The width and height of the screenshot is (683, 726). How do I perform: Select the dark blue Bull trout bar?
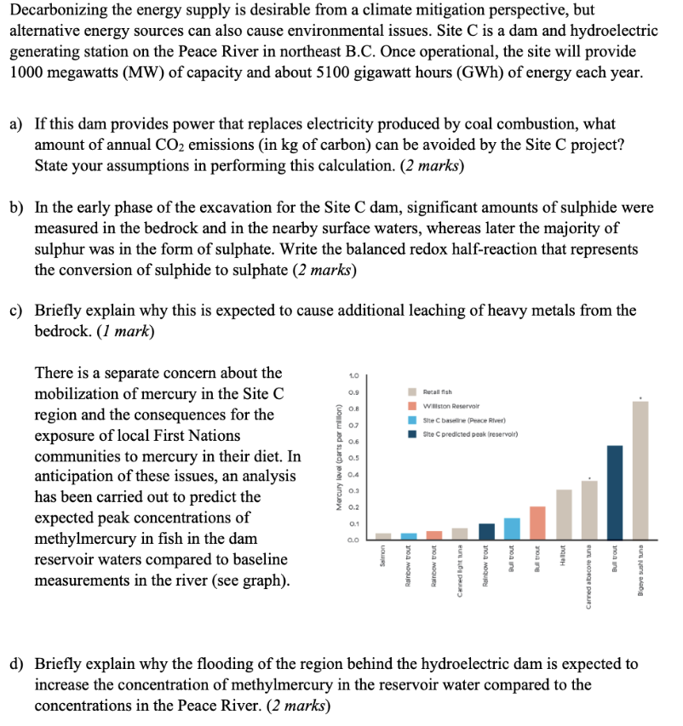[x=615, y=492]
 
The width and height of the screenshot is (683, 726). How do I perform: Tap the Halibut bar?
[x=563, y=514]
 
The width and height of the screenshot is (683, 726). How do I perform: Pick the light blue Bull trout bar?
[x=512, y=528]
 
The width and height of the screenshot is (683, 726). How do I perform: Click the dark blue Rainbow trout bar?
[x=486, y=530]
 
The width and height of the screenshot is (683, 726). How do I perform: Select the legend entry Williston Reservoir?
[x=451, y=405]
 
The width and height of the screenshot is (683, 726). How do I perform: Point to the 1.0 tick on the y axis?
[x=353, y=376]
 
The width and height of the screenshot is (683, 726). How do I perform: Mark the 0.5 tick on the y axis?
[x=353, y=457]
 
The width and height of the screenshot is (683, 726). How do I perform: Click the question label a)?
[x=16, y=124]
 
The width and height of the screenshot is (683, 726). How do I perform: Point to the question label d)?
[x=16, y=664]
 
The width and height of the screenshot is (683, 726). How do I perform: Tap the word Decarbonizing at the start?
[x=52, y=11]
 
